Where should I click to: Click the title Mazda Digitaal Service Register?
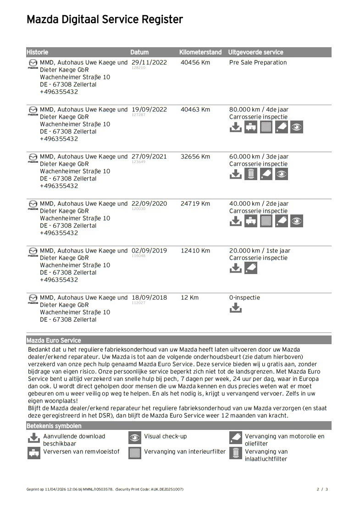105,20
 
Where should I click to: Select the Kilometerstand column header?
200,52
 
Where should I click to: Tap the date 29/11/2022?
149,62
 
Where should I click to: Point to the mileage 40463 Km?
195,110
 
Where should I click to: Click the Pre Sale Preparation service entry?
258,62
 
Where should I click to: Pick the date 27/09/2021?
149,157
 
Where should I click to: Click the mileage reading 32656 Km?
195,157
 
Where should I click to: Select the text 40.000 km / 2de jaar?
259,203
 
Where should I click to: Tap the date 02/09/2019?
149,251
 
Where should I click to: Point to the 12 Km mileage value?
190,297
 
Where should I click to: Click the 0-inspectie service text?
244,297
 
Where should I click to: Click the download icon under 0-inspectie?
235,308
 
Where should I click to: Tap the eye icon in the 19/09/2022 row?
297,127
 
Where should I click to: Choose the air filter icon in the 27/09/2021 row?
251,174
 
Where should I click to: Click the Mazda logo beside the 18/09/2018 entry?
33,298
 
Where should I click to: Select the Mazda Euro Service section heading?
54,341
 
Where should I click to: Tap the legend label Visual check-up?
165,436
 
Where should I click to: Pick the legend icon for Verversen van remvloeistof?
34,453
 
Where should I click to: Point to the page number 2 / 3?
322,489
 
